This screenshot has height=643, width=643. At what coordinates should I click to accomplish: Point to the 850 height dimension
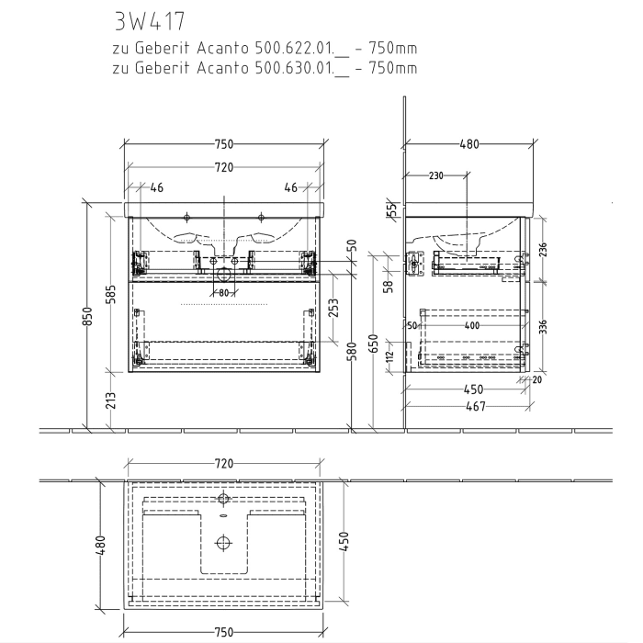tap(87, 315)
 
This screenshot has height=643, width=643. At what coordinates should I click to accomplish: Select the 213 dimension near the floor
tap(111, 400)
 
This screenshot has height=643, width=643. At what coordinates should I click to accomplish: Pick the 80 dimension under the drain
tap(222, 293)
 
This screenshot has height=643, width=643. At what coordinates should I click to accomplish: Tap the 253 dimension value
tap(332, 306)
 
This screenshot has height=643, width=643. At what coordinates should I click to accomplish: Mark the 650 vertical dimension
tap(373, 343)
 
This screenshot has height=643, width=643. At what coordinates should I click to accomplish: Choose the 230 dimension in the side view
tap(435, 175)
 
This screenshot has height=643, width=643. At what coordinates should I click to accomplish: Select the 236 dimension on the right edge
tap(542, 249)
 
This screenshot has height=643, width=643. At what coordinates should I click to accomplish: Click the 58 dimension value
tap(389, 286)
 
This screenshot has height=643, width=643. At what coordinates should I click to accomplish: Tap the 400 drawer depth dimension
tap(471, 325)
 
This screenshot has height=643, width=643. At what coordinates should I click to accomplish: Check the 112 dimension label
tap(389, 355)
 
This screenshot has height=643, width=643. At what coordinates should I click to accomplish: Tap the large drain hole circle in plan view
tap(222, 541)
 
